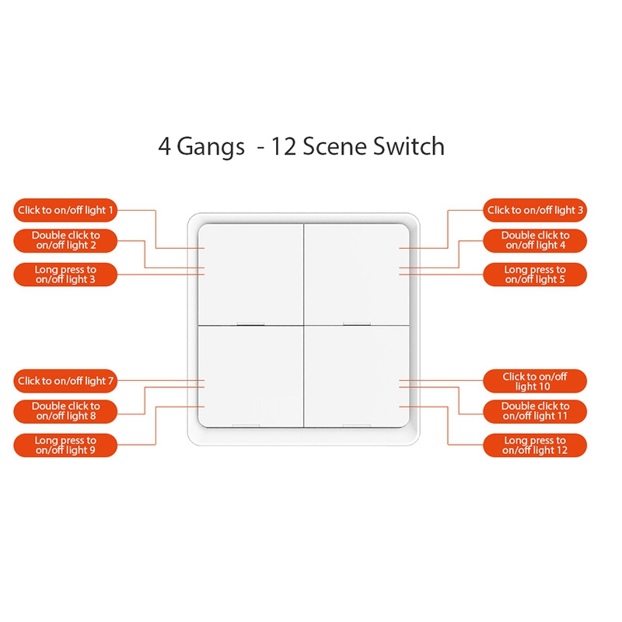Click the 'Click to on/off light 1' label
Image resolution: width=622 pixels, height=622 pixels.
point(66,210)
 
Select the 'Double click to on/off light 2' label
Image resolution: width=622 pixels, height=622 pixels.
point(66,240)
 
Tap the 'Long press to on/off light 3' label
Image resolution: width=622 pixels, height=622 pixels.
point(66,274)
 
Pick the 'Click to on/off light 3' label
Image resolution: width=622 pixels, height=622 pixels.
point(535,210)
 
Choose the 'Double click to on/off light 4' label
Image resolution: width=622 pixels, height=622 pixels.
point(535,240)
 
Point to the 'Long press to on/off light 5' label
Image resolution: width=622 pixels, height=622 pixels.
point(535,274)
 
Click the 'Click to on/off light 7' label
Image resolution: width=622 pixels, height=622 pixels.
point(66,381)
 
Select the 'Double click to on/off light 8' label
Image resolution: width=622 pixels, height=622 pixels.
point(66,411)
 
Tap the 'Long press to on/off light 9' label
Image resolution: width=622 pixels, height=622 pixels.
point(66,446)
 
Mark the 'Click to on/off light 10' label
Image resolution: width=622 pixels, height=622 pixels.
point(535,381)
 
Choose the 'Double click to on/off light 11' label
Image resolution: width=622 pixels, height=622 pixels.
point(535,411)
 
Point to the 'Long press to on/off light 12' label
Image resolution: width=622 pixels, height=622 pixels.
point(535,446)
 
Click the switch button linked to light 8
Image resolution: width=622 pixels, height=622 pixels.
point(250,376)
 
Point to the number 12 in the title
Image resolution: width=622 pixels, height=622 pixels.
point(281,146)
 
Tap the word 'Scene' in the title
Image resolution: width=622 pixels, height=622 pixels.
point(335,146)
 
